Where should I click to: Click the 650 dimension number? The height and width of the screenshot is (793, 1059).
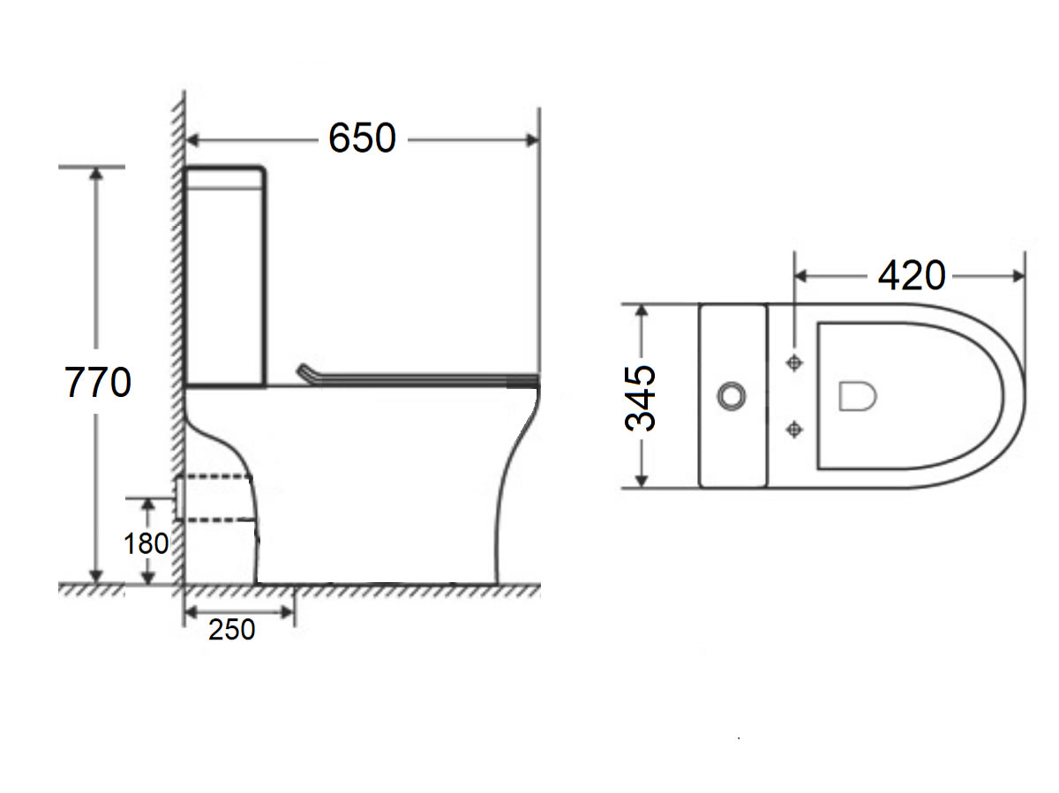362,138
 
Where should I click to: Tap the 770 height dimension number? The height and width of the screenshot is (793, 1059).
98,383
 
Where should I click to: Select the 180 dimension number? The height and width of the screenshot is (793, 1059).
146,543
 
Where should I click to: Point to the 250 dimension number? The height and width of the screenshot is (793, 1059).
232,630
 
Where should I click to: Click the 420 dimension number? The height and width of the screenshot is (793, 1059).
911,276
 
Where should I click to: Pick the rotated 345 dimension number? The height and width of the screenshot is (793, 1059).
642,397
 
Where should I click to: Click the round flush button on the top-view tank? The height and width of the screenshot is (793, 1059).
731,396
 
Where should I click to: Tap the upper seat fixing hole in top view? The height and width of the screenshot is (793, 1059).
795,363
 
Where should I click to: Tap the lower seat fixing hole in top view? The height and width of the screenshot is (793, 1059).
795,430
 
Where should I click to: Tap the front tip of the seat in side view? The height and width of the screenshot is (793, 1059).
535,380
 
